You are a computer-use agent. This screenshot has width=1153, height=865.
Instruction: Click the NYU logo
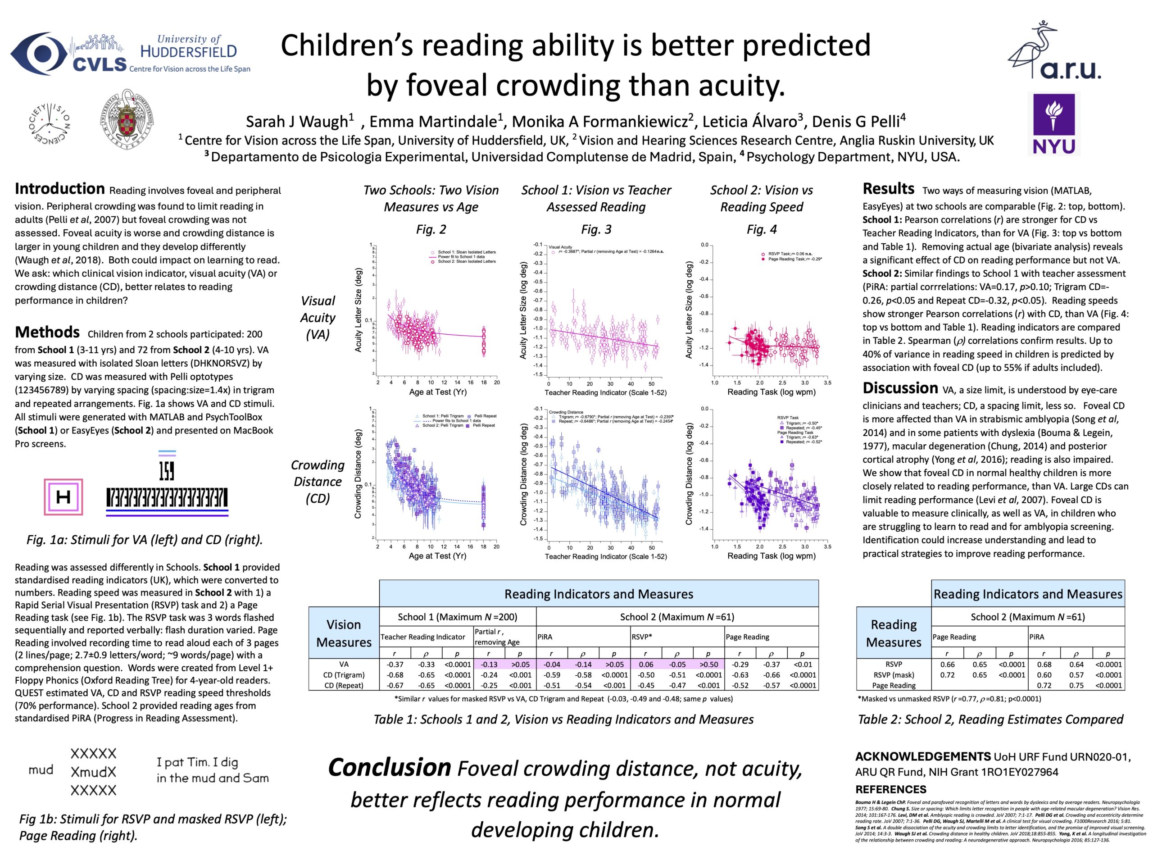pyautogui.click(x=1054, y=123)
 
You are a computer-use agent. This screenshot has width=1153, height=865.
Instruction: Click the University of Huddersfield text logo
pyautogui.click(x=188, y=46)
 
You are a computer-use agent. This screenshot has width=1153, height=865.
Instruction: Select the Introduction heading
pyautogui.click(x=59, y=189)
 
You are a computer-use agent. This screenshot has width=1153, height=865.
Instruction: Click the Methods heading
pyautogui.click(x=47, y=332)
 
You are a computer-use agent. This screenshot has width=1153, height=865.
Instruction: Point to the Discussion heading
pyautogui.click(x=900, y=388)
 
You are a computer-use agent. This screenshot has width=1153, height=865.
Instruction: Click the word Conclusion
pyautogui.click(x=390, y=768)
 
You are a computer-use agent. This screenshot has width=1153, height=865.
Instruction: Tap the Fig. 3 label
pyautogui.click(x=596, y=229)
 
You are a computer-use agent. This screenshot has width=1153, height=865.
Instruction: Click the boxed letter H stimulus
pyautogui.click(x=63, y=496)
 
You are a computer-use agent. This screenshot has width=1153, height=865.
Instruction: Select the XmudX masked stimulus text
pyautogui.click(x=93, y=772)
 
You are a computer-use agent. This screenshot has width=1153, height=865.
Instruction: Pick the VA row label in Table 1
pyautogui.click(x=344, y=664)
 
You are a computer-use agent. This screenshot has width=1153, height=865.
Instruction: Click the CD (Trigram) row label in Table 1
pyautogui.click(x=344, y=675)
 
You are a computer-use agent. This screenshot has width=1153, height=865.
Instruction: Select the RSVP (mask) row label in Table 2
pyautogui.click(x=894, y=675)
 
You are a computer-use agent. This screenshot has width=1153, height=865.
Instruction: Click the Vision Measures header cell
pyautogui.click(x=344, y=633)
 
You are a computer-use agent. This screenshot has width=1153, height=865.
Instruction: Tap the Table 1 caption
pyautogui.click(x=563, y=719)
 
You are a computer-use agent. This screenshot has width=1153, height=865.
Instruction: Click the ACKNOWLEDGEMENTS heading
pyautogui.click(x=922, y=756)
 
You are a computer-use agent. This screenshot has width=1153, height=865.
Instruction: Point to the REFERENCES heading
pyautogui.click(x=890, y=789)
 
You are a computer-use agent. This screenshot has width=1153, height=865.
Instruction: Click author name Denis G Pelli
pyautogui.click(x=858, y=122)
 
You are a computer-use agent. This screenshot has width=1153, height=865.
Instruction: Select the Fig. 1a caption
pyautogui.click(x=145, y=540)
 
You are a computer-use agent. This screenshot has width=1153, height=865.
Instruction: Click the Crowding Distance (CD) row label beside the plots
pyautogui.click(x=318, y=481)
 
